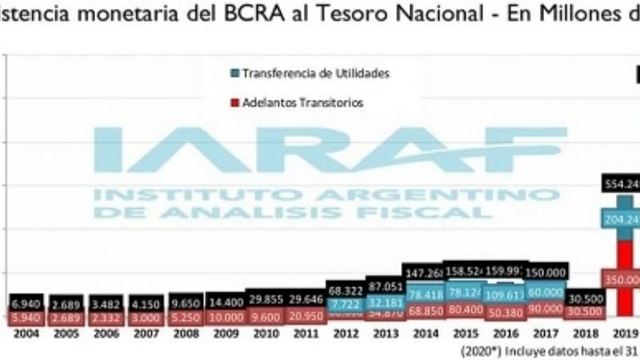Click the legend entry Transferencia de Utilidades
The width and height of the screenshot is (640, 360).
[315, 74]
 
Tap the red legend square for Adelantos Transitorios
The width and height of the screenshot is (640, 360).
[234, 102]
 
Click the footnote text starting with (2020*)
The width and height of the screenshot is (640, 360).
[552, 350]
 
